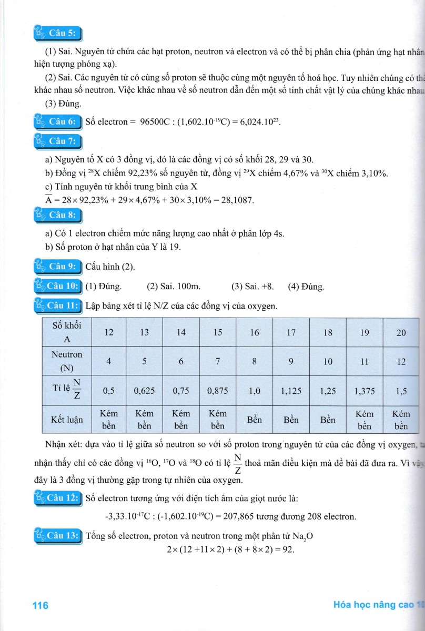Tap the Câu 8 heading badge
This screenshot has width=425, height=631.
tap(58, 215)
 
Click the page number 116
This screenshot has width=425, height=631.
tap(40, 605)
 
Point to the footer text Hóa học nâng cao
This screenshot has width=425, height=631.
tap(373, 605)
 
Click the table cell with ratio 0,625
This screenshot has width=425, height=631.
tap(143, 391)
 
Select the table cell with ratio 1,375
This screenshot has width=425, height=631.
tap(364, 391)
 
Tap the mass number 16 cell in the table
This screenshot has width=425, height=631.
tap(254, 332)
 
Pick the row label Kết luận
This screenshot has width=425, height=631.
tap(67, 420)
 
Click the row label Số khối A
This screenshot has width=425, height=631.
tap(67, 332)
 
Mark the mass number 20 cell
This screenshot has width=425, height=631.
tap(401, 332)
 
